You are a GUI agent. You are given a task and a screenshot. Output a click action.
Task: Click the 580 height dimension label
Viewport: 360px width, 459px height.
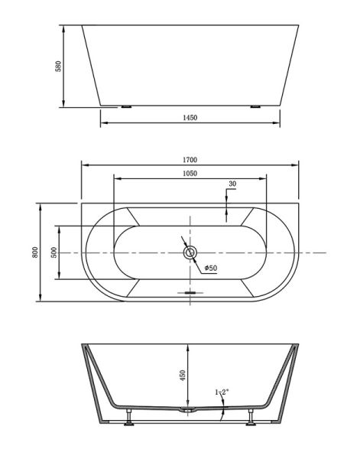pyautogui.click(x=59, y=67)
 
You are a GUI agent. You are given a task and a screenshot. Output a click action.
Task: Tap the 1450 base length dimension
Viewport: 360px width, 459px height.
pyautogui.click(x=190, y=118)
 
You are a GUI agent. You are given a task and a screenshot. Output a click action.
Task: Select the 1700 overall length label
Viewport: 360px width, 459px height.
pyautogui.click(x=190, y=160)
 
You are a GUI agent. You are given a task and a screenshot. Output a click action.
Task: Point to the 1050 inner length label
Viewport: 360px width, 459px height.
pyautogui.click(x=190, y=174)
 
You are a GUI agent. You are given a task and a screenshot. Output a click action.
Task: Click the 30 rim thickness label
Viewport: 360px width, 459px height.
pyautogui.click(x=232, y=184)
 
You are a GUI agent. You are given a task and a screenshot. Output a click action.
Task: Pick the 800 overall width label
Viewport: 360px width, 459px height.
pyautogui.click(x=35, y=252)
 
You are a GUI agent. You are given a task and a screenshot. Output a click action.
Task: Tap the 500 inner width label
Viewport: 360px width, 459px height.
pyautogui.click(x=54, y=252)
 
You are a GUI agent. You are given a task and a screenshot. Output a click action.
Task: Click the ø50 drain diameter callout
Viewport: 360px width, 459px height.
pyautogui.click(x=211, y=268)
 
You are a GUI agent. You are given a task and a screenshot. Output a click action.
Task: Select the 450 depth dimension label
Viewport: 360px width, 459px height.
pyautogui.click(x=183, y=376)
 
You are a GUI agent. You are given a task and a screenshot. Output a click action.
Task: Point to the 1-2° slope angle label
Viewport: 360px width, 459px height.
pyautogui.click(x=222, y=392)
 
